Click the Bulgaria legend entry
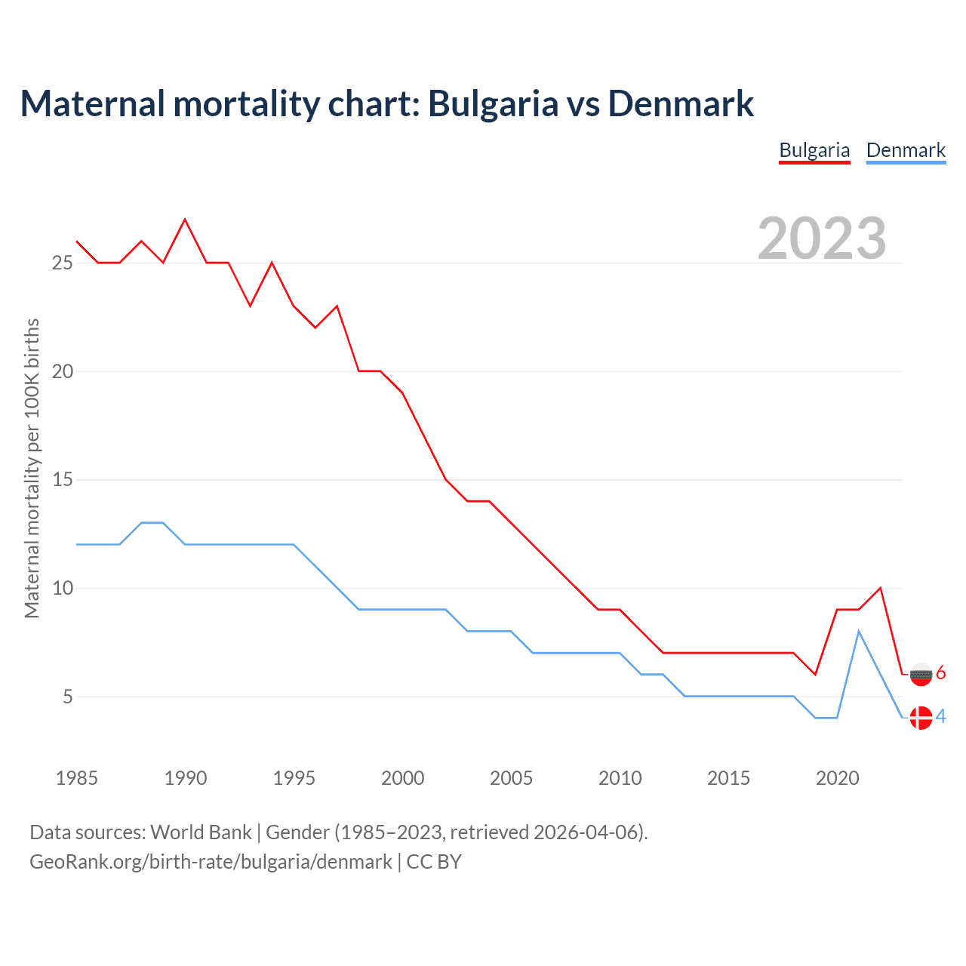click(x=814, y=150)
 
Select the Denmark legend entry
click(x=906, y=150)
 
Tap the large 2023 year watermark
click(x=822, y=238)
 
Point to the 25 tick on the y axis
click(x=62, y=263)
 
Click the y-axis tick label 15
click(x=62, y=480)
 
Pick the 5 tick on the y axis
click(x=68, y=697)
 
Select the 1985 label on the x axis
click(x=77, y=778)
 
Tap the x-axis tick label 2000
click(x=402, y=778)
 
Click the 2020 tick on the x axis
click(x=837, y=778)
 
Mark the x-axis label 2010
click(x=620, y=778)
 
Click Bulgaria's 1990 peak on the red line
click(x=185, y=220)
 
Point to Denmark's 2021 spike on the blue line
click(x=859, y=631)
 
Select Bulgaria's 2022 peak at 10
click(x=880, y=588)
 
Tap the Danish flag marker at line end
click(x=921, y=718)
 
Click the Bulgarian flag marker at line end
click(x=921, y=674)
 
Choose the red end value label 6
click(x=941, y=673)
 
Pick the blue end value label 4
click(x=941, y=717)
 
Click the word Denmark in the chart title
click(x=681, y=103)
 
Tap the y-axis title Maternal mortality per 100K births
click(x=32, y=468)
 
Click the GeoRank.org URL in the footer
click(x=211, y=862)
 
